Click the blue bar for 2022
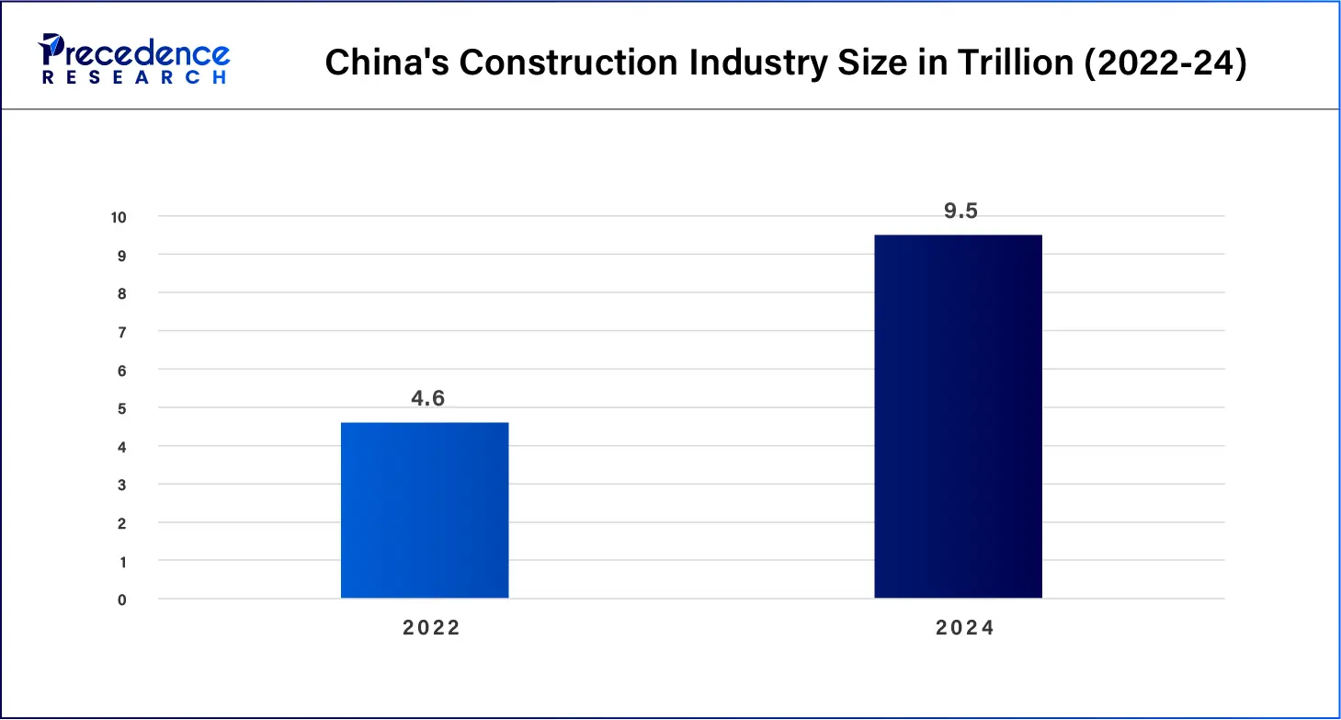[425, 510]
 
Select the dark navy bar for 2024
[958, 417]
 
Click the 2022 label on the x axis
[432, 628]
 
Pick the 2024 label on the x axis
[965, 628]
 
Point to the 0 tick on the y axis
[122, 600]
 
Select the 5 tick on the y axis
[122, 408]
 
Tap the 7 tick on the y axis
[122, 331]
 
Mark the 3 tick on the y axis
[122, 485]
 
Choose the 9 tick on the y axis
[122, 255]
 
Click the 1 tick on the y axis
[122, 561]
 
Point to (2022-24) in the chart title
[1165, 63]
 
